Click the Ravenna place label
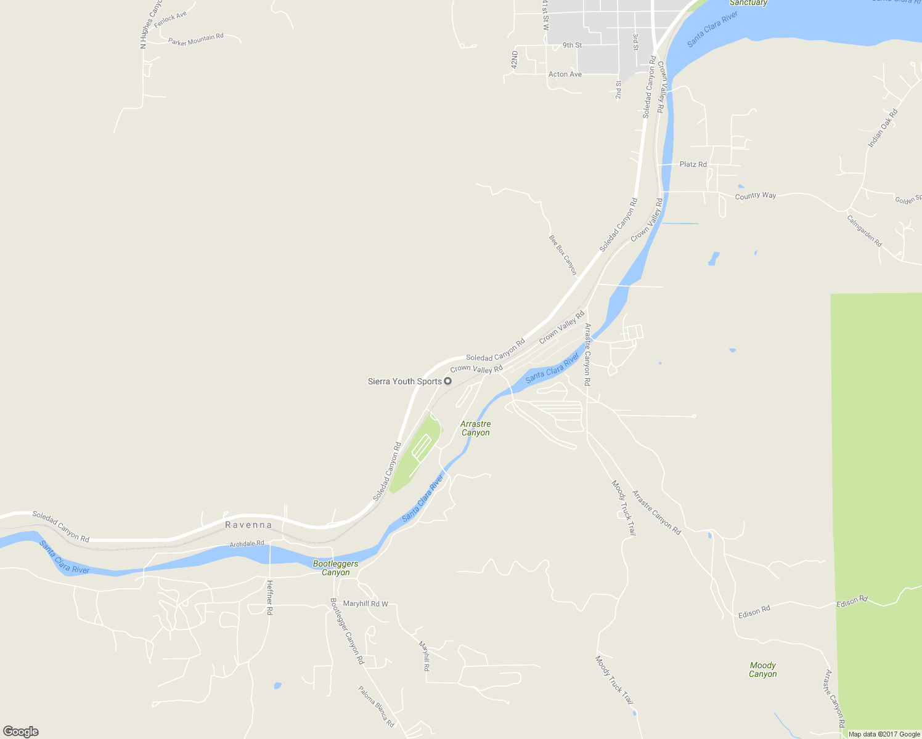[x=248, y=525]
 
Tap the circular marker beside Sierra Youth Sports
[x=448, y=381]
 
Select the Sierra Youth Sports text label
[x=404, y=381]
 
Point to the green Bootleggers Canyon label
[x=335, y=568]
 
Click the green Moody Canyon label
[x=763, y=669]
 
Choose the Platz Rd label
[x=693, y=164]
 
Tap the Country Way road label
[x=756, y=196]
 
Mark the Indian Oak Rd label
[x=883, y=128]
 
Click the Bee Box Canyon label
[x=563, y=254]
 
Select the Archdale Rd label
[x=247, y=544]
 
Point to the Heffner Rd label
[x=269, y=597]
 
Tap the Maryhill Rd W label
[x=365, y=604]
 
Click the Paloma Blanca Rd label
[x=376, y=706]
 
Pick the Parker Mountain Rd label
[x=196, y=40]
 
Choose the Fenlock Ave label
[x=170, y=19]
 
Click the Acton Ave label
[x=565, y=75]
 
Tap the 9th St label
[x=572, y=45]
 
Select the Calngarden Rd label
[x=864, y=231]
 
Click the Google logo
[x=21, y=732]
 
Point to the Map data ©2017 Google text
[x=884, y=734]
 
